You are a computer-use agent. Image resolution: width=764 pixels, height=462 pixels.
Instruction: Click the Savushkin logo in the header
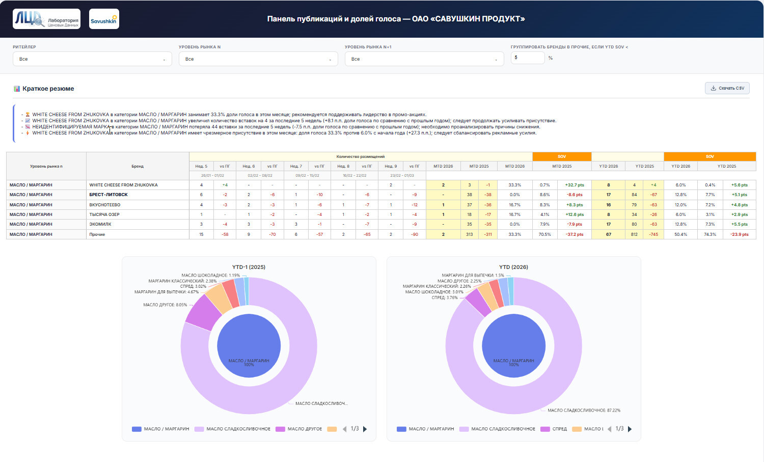coord(104,19)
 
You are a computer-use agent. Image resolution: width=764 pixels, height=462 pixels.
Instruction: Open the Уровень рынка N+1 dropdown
coord(424,59)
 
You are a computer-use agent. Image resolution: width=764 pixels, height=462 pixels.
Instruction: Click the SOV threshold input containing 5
coord(527,58)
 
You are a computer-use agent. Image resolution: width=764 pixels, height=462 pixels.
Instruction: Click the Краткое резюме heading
coord(48,89)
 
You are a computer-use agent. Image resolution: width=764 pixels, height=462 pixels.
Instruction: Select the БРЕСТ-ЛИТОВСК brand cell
coord(108,195)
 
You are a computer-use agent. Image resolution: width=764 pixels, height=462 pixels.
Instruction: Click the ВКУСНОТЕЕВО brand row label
coord(105,205)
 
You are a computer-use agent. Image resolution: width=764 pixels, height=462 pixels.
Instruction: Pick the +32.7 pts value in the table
coord(575,185)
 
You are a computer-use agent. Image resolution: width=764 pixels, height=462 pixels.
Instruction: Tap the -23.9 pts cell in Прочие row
coord(739,234)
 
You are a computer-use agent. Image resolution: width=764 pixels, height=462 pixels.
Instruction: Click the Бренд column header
coord(138,166)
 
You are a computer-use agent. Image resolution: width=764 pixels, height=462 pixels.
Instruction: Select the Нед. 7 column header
coord(296,166)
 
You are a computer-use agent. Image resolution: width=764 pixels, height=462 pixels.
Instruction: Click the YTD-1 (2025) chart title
coord(249,267)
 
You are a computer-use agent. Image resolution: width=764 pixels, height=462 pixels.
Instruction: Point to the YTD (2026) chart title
coord(513,267)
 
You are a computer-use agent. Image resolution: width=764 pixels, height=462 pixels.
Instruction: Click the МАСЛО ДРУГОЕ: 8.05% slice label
coord(165,305)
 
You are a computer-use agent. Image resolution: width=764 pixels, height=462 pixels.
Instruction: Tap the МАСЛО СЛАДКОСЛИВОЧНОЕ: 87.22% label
coord(584,410)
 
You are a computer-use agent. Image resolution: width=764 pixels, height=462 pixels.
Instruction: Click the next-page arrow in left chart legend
coord(365,429)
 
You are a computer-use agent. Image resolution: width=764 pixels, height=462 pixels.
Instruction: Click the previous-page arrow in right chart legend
coord(609,429)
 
